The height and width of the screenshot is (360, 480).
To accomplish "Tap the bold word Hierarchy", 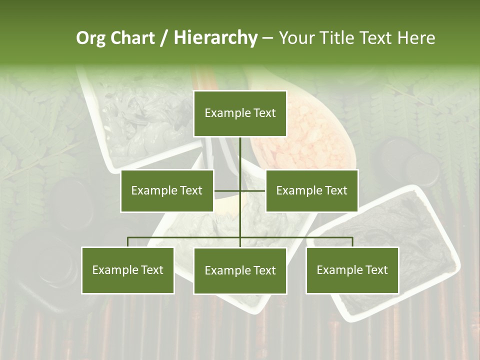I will pos(215,38).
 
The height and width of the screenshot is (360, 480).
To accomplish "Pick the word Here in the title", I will pos(416,38).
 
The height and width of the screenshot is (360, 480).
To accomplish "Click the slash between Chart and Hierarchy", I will pos(164,38).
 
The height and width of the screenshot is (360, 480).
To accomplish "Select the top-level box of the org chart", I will pos(240,113).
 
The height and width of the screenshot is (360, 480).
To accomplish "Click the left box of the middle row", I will pos(167,190).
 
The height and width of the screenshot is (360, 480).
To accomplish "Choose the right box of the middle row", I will pos(311,190).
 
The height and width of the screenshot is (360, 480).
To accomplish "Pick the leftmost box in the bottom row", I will pos(127,270).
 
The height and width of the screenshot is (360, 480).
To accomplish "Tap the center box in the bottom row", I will pos(240,270).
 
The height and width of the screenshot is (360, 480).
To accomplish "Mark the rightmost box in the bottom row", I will pos(352,270).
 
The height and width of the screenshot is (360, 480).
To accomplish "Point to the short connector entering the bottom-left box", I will pos(128,242).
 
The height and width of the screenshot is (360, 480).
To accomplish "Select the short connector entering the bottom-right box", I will pos(352,242).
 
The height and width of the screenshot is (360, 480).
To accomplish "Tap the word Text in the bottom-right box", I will pos(376,270).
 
